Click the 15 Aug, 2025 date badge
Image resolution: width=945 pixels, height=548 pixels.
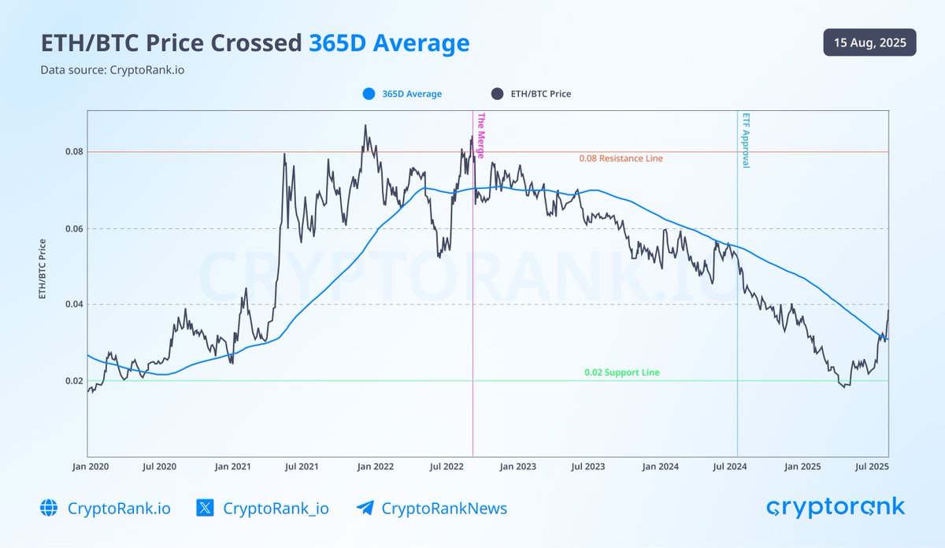tap(869, 43)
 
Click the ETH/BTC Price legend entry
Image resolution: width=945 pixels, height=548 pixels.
tap(532, 94)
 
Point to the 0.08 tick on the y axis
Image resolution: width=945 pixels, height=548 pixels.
tap(72, 151)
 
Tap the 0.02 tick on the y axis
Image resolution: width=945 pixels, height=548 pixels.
tap(72, 381)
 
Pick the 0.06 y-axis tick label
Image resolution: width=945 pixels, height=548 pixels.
tap(72, 229)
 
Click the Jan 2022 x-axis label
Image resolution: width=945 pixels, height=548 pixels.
tap(375, 467)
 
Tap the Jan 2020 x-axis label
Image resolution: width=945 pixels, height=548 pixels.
tap(90, 467)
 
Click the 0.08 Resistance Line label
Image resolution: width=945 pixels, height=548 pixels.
tap(621, 159)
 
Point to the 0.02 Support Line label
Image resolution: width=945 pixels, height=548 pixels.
tap(621, 372)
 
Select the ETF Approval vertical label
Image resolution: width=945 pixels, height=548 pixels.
tap(745, 140)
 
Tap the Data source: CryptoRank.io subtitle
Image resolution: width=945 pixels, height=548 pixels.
tap(113, 70)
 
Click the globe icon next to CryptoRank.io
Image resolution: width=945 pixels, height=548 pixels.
tap(49, 509)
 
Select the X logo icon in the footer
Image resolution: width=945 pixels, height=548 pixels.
tap(205, 509)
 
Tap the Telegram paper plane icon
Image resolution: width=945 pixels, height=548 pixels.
tap(365, 509)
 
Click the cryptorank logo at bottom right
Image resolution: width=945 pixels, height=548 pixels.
tap(835, 507)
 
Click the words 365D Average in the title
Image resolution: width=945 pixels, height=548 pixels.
tap(389, 43)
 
